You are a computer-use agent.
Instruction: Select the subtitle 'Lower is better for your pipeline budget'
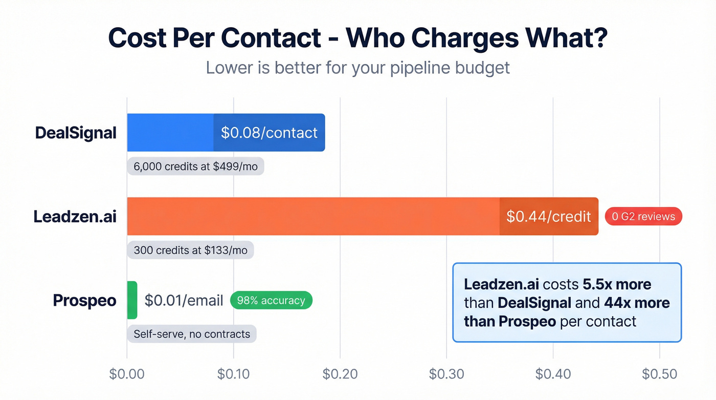[357, 68]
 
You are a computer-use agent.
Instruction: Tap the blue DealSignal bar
[170, 133]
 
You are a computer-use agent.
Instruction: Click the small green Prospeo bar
[132, 300]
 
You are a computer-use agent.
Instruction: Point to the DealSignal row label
[76, 133]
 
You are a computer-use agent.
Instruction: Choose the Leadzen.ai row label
[75, 217]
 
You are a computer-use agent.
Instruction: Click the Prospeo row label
[84, 301]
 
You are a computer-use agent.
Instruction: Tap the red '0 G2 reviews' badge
[643, 217]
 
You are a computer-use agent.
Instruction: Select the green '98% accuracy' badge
[271, 301]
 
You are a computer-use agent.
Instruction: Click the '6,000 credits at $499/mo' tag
[195, 166]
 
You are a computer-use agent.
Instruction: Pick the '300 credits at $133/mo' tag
[190, 250]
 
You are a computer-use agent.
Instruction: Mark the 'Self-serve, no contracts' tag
[192, 334]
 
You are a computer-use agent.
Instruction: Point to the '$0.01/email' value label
[184, 301]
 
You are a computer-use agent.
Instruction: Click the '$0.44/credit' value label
[548, 217]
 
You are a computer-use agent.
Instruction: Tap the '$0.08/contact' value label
[269, 133]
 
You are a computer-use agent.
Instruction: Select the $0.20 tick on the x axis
[340, 374]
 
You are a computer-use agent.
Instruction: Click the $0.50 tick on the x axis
[660, 374]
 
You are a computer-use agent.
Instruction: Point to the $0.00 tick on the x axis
[127, 374]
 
